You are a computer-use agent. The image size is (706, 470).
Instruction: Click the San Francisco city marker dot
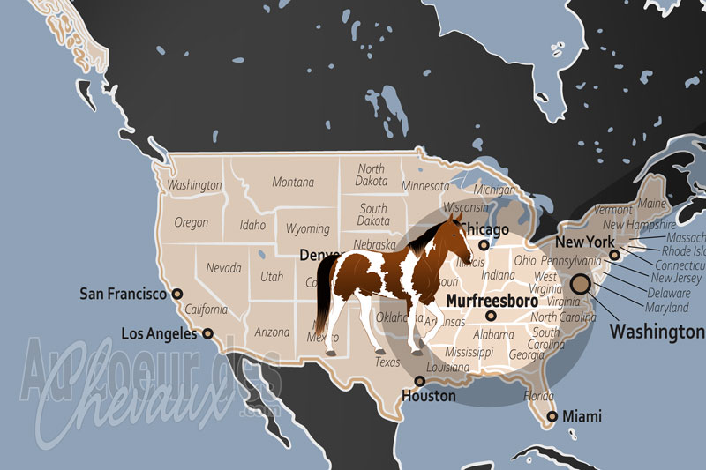coord(176,294)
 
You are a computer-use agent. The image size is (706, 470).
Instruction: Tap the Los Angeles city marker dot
coord(208,333)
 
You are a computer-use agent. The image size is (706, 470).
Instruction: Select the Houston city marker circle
coord(420,381)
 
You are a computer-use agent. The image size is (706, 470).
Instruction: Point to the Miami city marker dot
coord(552,416)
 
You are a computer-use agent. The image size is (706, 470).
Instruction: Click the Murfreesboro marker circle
coord(492,316)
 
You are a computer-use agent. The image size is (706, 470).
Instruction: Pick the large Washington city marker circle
coord(580,284)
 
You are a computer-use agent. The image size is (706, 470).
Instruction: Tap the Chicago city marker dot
coord(484,244)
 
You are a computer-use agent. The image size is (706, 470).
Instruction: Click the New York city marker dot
coord(614,255)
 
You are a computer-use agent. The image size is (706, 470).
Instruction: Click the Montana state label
coord(293,183)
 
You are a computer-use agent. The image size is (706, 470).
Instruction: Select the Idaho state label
coord(252,226)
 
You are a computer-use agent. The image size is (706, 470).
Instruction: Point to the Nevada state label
coord(224,267)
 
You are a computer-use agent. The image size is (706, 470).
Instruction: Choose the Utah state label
coord(272,277)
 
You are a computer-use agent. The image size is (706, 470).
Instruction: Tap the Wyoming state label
coord(307,229)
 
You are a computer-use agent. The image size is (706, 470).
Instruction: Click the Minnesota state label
coord(425,186)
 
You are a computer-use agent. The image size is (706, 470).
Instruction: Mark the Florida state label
coord(538,395)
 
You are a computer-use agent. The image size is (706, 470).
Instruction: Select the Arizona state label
coord(272,332)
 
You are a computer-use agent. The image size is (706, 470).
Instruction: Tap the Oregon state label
coord(192,223)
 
